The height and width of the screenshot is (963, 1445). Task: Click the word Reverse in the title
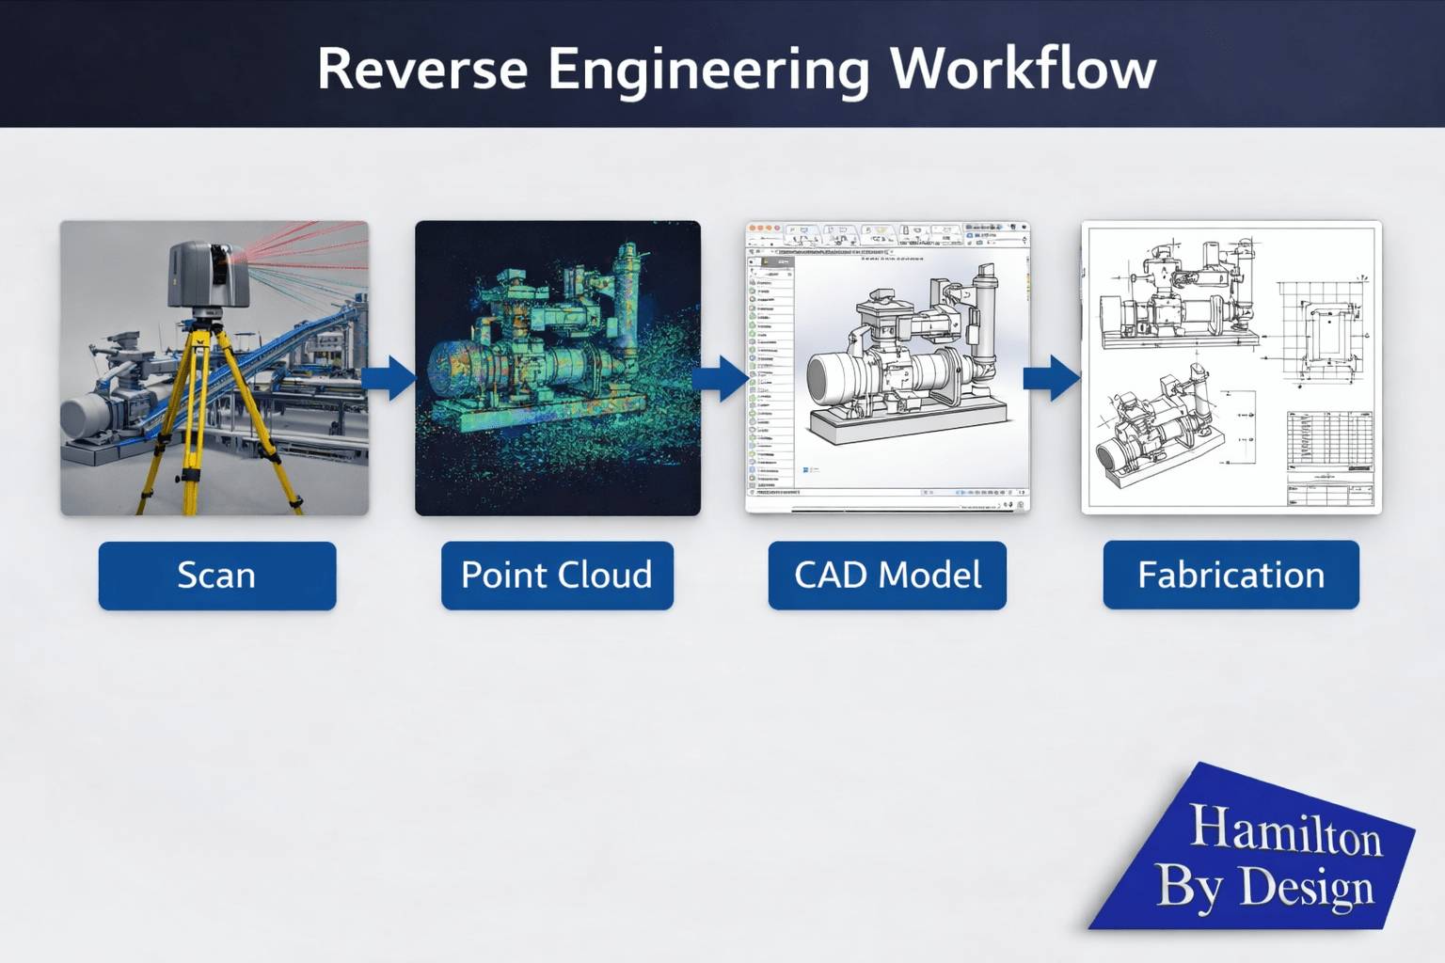coord(421,70)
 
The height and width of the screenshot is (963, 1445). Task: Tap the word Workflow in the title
coord(1023,70)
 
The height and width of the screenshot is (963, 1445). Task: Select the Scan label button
coord(217,576)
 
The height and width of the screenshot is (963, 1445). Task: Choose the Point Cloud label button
coord(557,576)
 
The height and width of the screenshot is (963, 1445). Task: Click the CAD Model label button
coord(887,576)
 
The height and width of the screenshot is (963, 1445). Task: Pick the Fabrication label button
coord(1231,575)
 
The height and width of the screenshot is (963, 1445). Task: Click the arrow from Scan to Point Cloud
coord(389,378)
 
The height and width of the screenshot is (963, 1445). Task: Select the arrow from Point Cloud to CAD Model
coord(722,378)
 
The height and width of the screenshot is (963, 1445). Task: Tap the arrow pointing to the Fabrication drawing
coord(1053,378)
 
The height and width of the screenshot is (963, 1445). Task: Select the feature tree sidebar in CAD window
coord(770,376)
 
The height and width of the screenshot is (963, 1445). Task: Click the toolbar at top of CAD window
coord(887,235)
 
